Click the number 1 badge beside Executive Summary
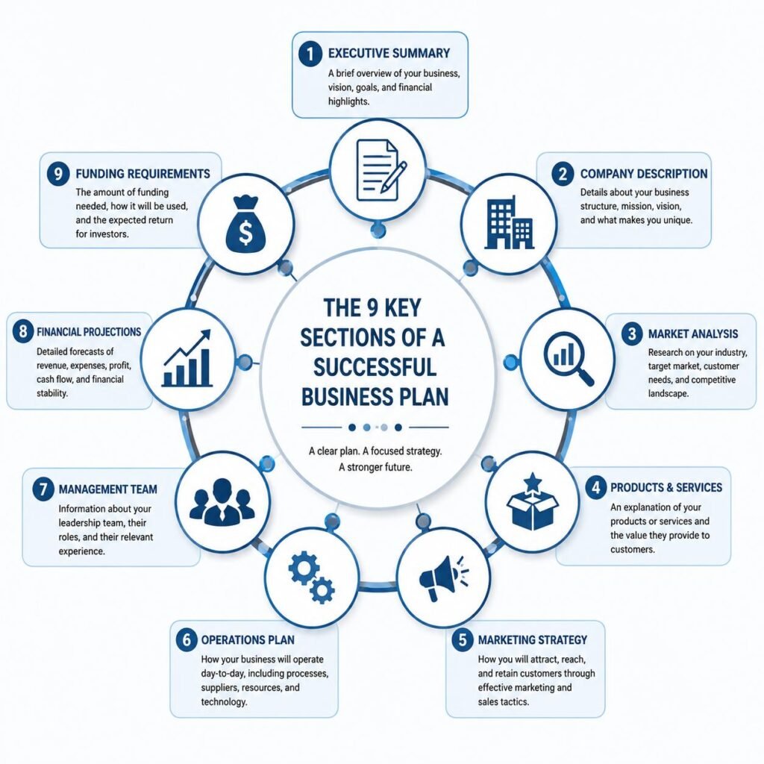310,53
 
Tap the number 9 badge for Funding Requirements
58,173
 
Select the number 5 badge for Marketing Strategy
463,639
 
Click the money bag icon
246,224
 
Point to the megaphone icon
443,578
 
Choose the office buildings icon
509,222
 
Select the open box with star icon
533,502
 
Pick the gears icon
312,578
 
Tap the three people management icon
222,502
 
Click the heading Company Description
644,174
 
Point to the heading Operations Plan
248,639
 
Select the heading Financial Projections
89,332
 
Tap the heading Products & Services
666,487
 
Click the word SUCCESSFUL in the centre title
375,366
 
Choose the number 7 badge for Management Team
43,489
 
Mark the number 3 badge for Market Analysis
632,334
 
